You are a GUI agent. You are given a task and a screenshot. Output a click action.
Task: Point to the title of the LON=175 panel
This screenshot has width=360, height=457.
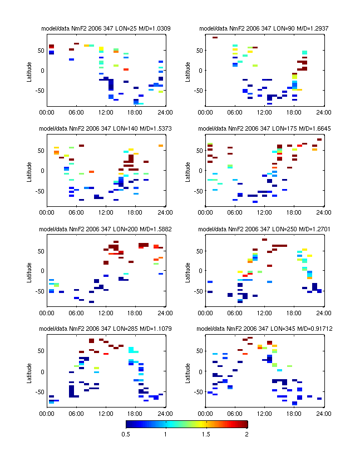(264, 128)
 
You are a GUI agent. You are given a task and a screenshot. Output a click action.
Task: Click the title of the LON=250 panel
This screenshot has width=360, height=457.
(264, 229)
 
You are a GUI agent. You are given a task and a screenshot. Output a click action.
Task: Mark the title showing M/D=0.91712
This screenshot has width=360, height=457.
(264, 329)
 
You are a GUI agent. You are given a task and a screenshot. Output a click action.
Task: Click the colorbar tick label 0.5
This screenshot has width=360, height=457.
(126, 434)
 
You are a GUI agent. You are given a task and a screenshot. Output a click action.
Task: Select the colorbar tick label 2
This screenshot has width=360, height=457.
(247, 434)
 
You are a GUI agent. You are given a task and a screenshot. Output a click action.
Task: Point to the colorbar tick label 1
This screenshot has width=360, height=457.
(166, 434)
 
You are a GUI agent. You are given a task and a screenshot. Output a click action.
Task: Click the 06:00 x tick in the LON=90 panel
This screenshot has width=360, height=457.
(235, 112)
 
